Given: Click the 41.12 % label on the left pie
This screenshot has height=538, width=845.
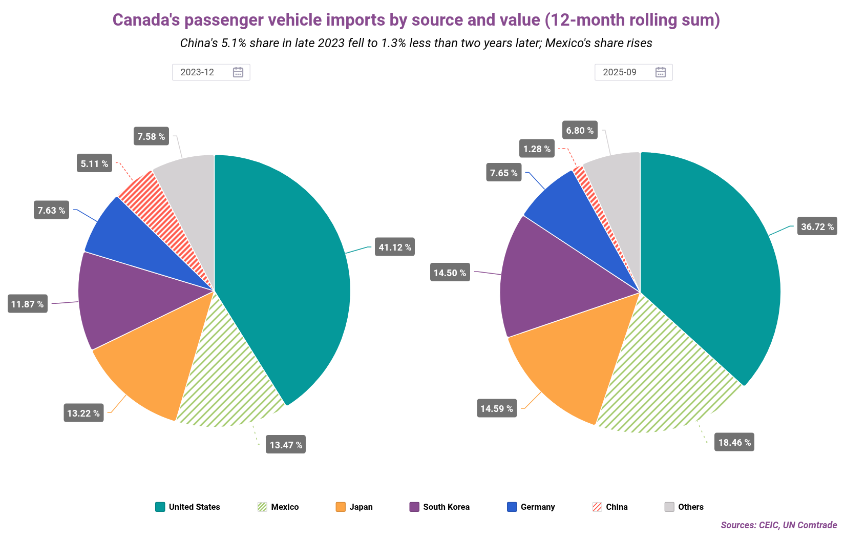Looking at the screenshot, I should coord(394,247).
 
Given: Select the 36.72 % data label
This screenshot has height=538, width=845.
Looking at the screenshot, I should coord(817,226).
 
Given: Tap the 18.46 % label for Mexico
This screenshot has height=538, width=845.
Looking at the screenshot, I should coord(734,442).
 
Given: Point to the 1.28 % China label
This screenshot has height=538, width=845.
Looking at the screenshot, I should coord(536,149).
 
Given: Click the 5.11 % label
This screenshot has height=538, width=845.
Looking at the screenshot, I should coord(94,163).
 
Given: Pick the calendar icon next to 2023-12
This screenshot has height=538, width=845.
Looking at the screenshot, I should coord(238,72).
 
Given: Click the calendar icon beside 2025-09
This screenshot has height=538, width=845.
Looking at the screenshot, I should coord(661,72).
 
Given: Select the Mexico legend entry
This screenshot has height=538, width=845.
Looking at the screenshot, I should coord(278,507).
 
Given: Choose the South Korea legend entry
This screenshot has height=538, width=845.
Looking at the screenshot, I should coord(439,507).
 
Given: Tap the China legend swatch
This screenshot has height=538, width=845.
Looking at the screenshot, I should coord(597,507).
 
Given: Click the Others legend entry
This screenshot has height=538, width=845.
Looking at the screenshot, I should coord(684,507).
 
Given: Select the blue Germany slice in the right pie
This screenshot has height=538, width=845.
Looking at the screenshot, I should coord(568,210).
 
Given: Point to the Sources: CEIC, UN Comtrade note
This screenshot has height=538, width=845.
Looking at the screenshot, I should coord(778,525).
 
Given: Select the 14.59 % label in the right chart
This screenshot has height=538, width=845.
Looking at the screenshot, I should coord(496,408).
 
